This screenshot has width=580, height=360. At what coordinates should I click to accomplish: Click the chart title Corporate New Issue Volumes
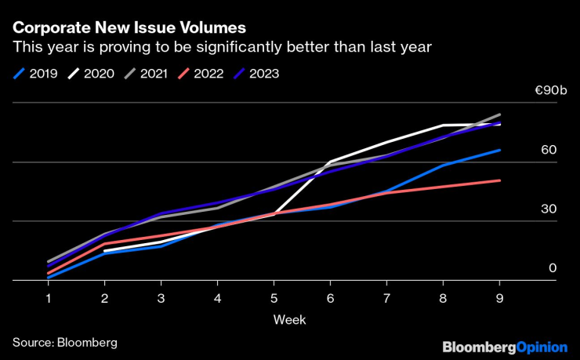(x=129, y=27)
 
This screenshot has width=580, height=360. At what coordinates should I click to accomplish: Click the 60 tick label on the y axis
(x=548, y=150)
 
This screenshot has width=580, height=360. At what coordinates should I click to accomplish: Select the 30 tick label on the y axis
(x=548, y=209)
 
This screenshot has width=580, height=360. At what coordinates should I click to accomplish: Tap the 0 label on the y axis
(x=552, y=267)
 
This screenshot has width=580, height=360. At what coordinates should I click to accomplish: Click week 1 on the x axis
(x=49, y=298)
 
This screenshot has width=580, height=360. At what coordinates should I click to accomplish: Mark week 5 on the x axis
(x=274, y=298)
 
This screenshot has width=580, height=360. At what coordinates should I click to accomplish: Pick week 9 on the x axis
(x=500, y=298)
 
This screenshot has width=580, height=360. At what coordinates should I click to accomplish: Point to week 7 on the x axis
(x=387, y=298)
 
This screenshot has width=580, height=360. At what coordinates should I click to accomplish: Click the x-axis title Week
(x=289, y=319)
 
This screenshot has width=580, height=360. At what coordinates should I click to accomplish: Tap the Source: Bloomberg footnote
(x=64, y=343)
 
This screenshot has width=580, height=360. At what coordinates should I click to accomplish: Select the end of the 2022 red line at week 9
(x=500, y=180)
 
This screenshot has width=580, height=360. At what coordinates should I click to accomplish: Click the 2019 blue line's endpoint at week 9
(x=500, y=150)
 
